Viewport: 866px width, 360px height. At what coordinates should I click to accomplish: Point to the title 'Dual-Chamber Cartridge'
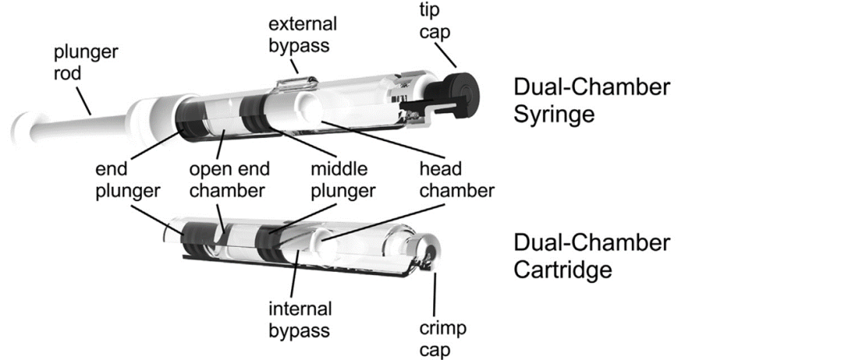pos(592,255)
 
